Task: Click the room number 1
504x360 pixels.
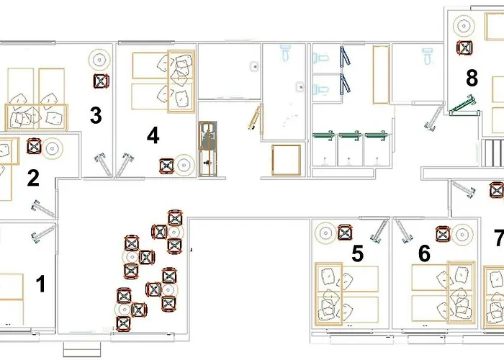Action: pos(41,284)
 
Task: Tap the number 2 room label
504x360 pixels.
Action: pos(33,178)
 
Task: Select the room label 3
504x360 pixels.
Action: pos(95,115)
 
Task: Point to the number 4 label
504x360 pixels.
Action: pos(153,135)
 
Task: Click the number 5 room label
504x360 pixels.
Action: pos(357,253)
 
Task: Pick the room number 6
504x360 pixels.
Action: pos(424,253)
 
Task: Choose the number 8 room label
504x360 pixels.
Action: pos(472,78)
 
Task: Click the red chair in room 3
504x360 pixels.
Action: pos(101,81)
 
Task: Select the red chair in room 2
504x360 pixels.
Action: pos(33,147)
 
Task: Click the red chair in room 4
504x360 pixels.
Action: pos(167,166)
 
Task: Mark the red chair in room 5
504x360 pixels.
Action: pos(346,233)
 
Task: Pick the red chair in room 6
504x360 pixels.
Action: pos(444,233)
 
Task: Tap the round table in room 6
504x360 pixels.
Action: pos(463,233)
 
